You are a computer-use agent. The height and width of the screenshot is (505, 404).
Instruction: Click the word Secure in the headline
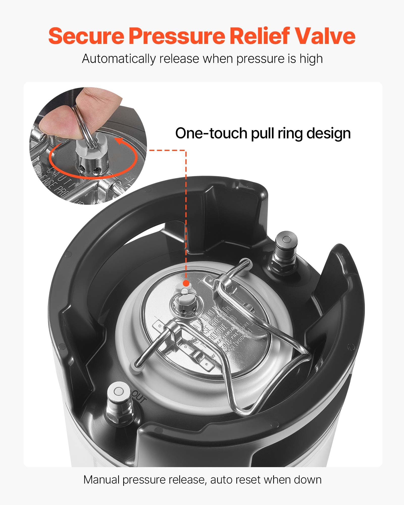86,36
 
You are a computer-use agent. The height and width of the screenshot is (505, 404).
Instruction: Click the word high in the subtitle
311,59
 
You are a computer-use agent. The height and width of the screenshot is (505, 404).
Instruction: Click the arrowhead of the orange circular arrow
117,142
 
